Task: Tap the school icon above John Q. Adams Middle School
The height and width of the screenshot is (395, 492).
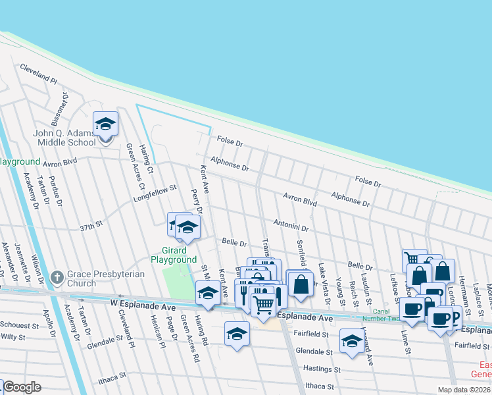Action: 105,124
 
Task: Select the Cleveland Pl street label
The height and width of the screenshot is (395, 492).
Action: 38,72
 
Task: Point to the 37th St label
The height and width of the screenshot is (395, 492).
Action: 92,224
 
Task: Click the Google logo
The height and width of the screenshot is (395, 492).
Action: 22,387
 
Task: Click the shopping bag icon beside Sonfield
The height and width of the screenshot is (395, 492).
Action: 301,284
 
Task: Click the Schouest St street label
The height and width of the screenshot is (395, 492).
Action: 19,325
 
